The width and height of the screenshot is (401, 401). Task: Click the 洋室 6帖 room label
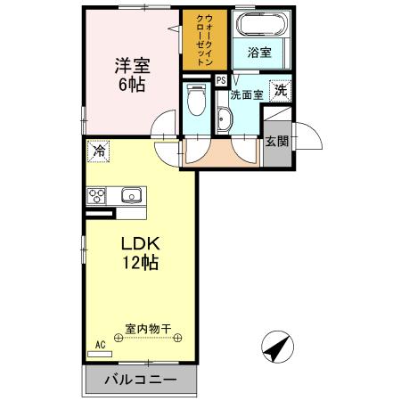(x=130, y=75)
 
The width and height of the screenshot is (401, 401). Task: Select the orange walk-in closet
(x=204, y=39)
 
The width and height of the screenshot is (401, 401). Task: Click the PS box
(x=220, y=80)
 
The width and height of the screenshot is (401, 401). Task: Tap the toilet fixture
(x=198, y=103)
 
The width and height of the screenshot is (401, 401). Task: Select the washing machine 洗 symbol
(x=281, y=90)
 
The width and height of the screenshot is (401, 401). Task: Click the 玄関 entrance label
(x=276, y=141)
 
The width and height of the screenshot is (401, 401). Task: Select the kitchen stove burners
(x=97, y=196)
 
